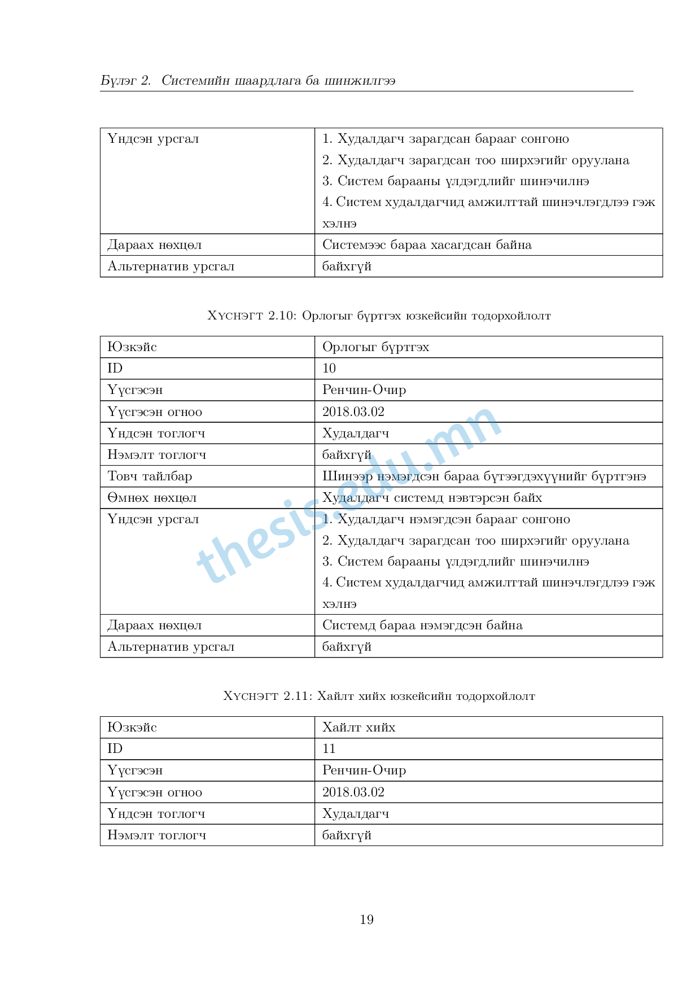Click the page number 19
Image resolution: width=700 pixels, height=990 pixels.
click(x=366, y=919)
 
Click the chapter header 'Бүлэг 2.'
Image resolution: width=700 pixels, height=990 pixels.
click(x=126, y=81)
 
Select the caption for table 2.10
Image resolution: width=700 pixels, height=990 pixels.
click(x=379, y=316)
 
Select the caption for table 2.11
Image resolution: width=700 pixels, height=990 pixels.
click(x=379, y=696)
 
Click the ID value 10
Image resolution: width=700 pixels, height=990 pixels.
click(x=329, y=369)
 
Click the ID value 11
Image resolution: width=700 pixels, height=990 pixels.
click(x=329, y=749)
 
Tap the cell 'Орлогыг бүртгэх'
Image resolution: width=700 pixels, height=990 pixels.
click(x=375, y=347)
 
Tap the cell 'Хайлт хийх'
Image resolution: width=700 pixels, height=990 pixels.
click(x=358, y=728)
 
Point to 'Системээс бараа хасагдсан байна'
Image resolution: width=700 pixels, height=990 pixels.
click(x=427, y=245)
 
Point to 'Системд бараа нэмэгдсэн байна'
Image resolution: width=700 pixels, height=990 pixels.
click(x=422, y=625)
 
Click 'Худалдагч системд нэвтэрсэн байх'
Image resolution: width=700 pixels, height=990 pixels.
click(x=432, y=498)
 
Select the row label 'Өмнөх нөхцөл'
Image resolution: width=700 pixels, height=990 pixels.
click(x=152, y=498)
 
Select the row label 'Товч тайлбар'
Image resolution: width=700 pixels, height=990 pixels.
click(x=150, y=476)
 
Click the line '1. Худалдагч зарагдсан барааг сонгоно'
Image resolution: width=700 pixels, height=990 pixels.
click(x=445, y=139)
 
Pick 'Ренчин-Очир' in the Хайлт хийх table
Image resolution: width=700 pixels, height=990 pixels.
click(x=364, y=770)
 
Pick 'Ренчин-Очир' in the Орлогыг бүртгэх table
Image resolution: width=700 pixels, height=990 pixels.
click(x=364, y=390)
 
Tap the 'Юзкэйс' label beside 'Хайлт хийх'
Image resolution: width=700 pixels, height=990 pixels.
click(x=132, y=728)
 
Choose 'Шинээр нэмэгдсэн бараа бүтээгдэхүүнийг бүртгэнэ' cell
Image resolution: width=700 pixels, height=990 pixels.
click(x=484, y=476)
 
